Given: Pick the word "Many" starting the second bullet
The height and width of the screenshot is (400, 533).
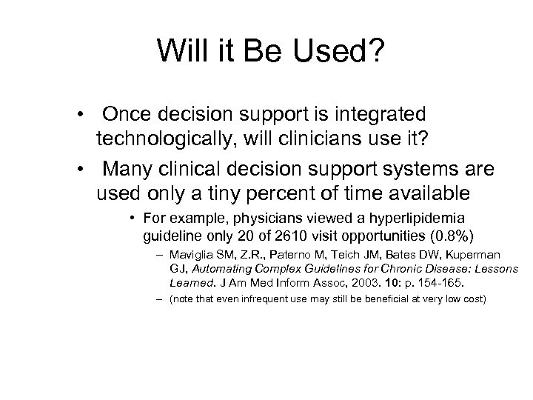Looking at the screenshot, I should tap(130, 170).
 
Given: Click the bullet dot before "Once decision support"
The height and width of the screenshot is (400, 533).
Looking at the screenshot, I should tap(87, 116).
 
